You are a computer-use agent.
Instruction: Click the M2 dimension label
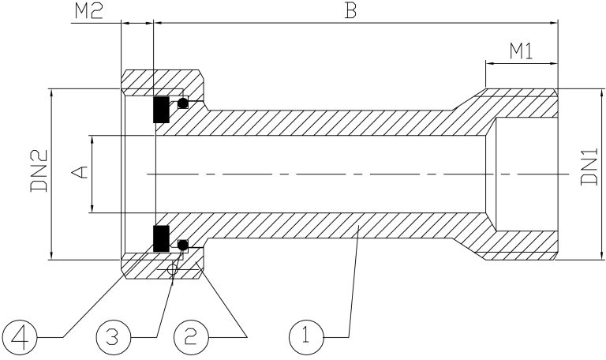(x=88, y=12)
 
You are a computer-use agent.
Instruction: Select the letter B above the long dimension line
(x=350, y=11)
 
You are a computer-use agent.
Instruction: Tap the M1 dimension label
(x=521, y=51)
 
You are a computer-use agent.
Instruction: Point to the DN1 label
(x=589, y=167)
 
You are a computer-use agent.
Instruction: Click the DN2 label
(x=39, y=171)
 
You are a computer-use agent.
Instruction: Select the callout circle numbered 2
(x=190, y=337)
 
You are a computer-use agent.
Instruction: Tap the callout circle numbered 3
(x=114, y=337)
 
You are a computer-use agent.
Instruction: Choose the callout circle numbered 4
(x=19, y=337)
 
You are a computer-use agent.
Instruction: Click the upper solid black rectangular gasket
(x=161, y=110)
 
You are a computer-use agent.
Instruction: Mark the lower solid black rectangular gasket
(x=161, y=238)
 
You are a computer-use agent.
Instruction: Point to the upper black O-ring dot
(x=183, y=103)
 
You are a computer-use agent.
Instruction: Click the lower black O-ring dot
(x=183, y=245)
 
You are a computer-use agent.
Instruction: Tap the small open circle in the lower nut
(x=172, y=269)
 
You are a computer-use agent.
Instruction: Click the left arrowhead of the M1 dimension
(x=491, y=63)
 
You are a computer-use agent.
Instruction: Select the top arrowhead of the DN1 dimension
(x=601, y=95)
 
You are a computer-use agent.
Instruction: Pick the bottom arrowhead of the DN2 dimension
(x=52, y=254)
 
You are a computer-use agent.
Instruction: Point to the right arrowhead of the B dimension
(x=553, y=23)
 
